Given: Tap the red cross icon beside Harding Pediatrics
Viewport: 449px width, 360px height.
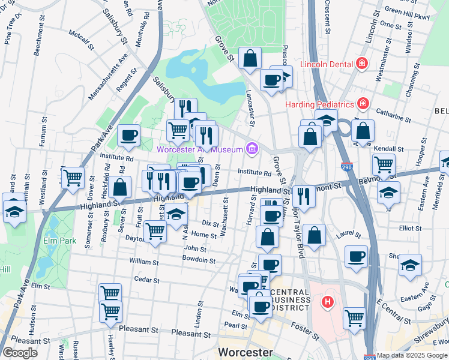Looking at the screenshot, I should (363, 104).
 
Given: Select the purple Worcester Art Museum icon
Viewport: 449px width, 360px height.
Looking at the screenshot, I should (252, 149).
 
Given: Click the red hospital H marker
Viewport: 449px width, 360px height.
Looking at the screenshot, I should (328, 301).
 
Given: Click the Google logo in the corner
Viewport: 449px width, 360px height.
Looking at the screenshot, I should (19, 353).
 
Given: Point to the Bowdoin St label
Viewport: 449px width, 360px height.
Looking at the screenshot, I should (199, 260).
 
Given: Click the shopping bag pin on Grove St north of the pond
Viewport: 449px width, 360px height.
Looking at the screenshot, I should (250, 59).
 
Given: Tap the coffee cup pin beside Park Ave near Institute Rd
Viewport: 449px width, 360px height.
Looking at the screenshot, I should (128, 136).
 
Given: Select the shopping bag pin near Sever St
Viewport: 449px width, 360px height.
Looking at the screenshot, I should (120, 188).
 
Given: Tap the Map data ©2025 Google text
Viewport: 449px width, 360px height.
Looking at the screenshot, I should (412, 355).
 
